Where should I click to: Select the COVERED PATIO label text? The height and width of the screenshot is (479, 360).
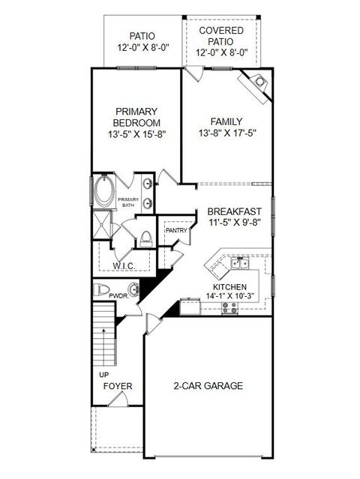pos(226,36)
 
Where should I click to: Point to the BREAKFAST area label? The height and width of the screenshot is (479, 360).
pos(235,211)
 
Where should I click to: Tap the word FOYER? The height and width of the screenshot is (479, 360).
pos(118,386)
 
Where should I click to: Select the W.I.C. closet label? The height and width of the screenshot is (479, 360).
pos(124,265)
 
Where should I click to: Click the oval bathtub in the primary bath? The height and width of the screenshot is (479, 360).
pos(103,192)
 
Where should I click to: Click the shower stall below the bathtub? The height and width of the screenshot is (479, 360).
pos(102,223)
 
